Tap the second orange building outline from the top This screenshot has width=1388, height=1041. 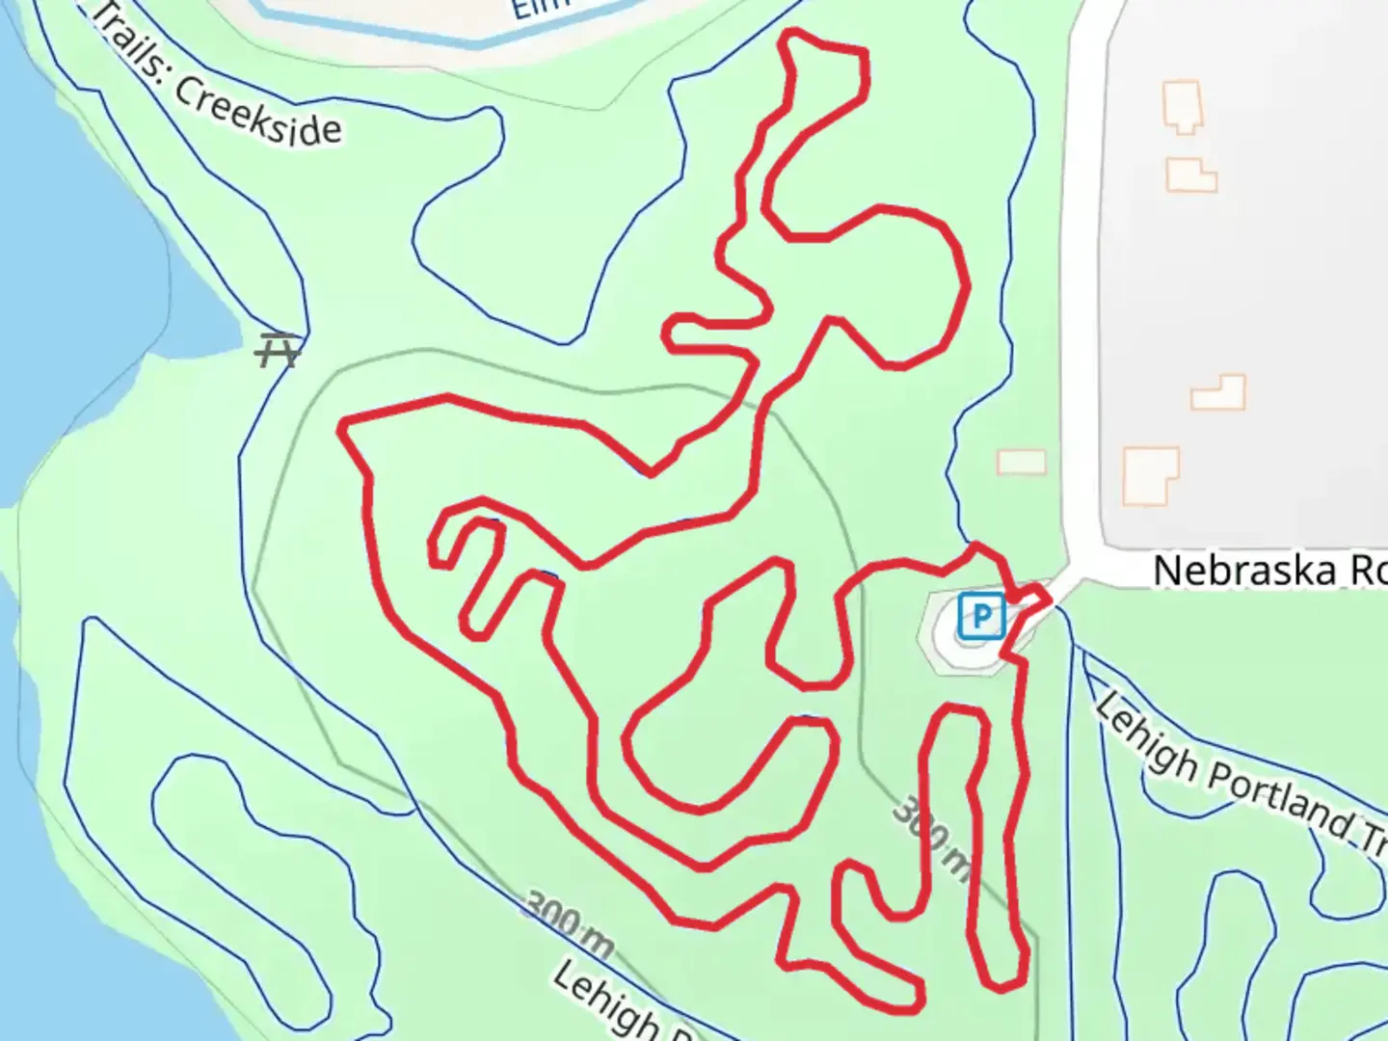tap(1190, 174)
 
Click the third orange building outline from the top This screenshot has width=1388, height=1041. tap(1219, 393)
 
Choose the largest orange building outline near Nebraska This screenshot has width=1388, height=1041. tap(1150, 475)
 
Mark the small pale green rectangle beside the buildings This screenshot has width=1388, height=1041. tap(1022, 462)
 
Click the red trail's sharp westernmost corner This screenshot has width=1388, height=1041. tap(342, 424)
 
